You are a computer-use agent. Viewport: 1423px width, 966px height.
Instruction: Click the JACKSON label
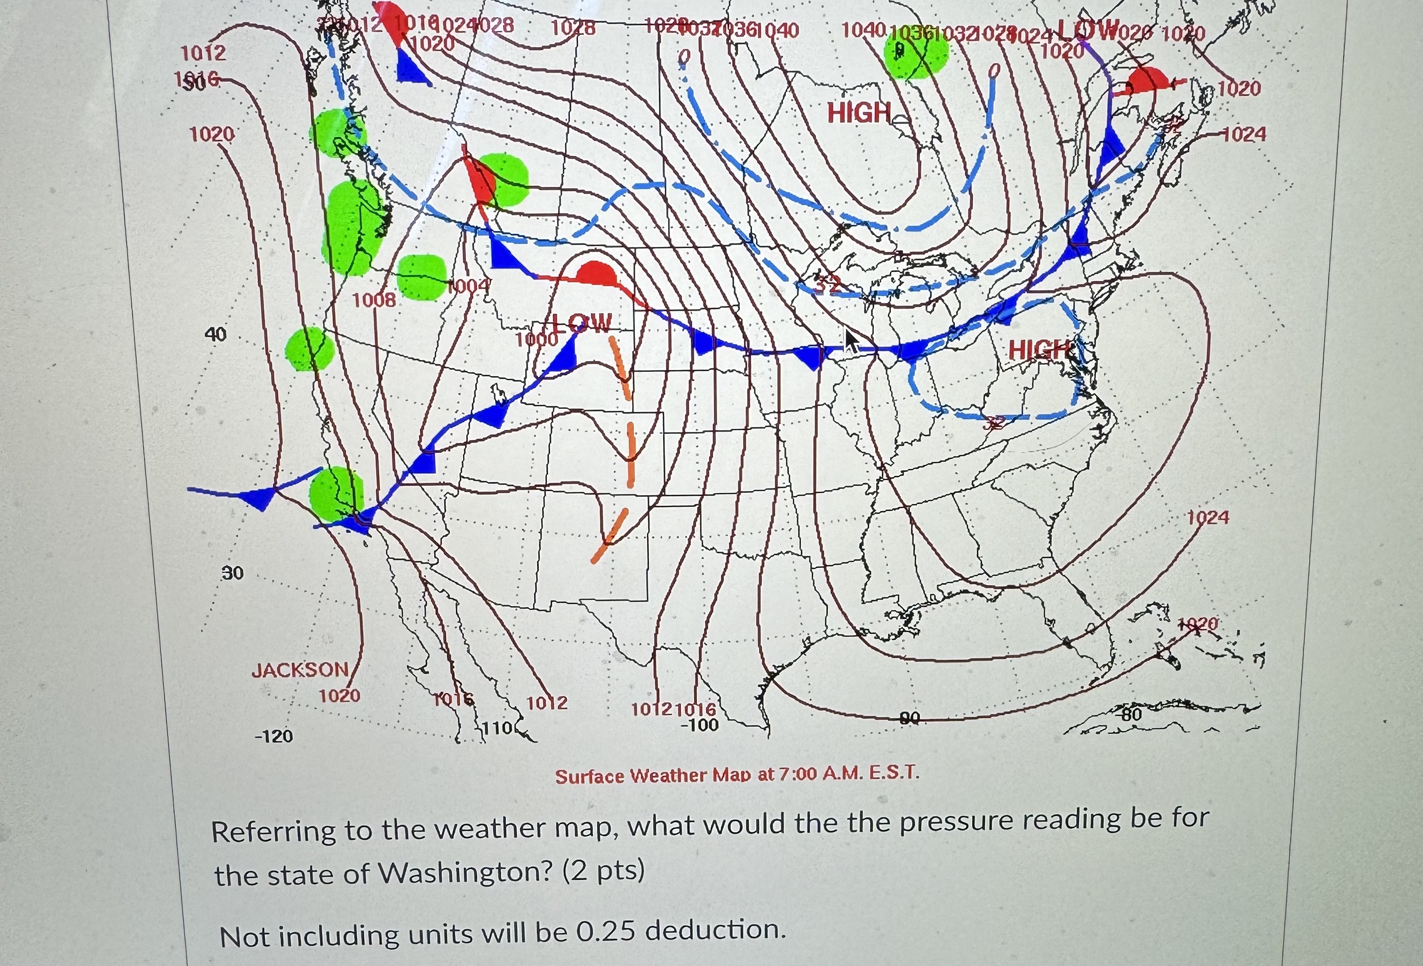(x=300, y=669)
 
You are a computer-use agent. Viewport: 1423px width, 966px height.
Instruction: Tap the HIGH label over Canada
(x=859, y=112)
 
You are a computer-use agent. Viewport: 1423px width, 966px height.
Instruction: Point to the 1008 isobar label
(x=374, y=300)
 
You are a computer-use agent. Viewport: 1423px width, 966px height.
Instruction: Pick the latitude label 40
(x=215, y=334)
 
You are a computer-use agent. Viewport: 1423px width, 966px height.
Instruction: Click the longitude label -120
(x=274, y=736)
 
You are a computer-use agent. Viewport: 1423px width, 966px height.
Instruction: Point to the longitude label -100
(x=699, y=726)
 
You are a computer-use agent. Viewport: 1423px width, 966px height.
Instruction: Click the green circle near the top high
(x=916, y=54)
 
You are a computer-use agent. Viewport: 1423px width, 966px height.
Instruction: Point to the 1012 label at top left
(x=203, y=53)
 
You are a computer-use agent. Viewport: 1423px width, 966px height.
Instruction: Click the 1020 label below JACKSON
(x=339, y=695)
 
